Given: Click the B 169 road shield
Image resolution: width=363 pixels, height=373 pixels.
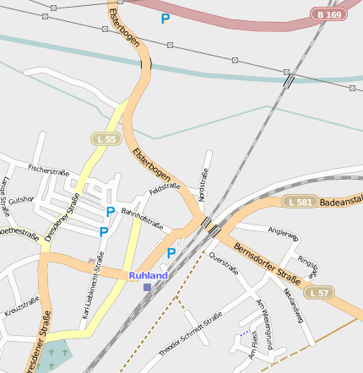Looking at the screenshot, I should tap(330, 14).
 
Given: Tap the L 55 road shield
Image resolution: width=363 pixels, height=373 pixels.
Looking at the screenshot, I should tap(106, 137).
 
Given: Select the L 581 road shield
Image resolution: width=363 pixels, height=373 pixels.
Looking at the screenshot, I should tap(301, 202).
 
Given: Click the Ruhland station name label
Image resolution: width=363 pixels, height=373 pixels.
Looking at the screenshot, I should tap(149, 275).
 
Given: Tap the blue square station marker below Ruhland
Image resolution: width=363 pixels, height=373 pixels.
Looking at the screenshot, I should tap(147, 288).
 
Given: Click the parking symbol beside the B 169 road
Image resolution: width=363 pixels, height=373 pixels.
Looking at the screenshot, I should tap(165, 18).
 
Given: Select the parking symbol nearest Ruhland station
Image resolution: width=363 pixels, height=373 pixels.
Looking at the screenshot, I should tap(171, 252).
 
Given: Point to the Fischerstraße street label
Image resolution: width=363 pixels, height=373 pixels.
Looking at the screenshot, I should tap(48, 170).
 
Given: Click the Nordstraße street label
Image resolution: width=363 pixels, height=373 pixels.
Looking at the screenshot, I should tap(203, 183).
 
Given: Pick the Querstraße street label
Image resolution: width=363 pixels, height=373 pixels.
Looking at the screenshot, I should tap(224, 264).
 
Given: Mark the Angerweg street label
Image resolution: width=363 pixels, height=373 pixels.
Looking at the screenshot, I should tap(282, 232).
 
